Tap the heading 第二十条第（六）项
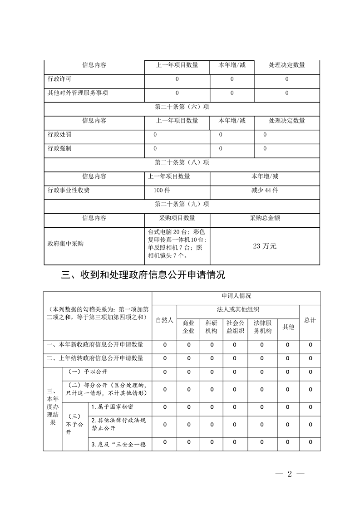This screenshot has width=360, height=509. pyautogui.click(x=182, y=107)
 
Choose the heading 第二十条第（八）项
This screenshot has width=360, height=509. pyautogui.click(x=182, y=162)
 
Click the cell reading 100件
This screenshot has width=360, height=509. pyautogui.click(x=162, y=191)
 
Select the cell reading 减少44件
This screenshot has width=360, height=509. pyautogui.click(x=265, y=191)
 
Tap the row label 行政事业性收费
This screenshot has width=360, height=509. pyautogui.click(x=69, y=191)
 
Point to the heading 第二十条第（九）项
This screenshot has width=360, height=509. pyautogui.click(x=182, y=204)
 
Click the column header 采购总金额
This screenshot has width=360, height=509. pyautogui.click(x=265, y=218)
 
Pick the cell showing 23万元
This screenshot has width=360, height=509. pyautogui.click(x=265, y=246)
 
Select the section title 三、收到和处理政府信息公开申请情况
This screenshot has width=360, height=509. pyautogui.click(x=143, y=275)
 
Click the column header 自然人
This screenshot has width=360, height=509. pyautogui.click(x=164, y=320)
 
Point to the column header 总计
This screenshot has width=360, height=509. pyautogui.click(x=310, y=320)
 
